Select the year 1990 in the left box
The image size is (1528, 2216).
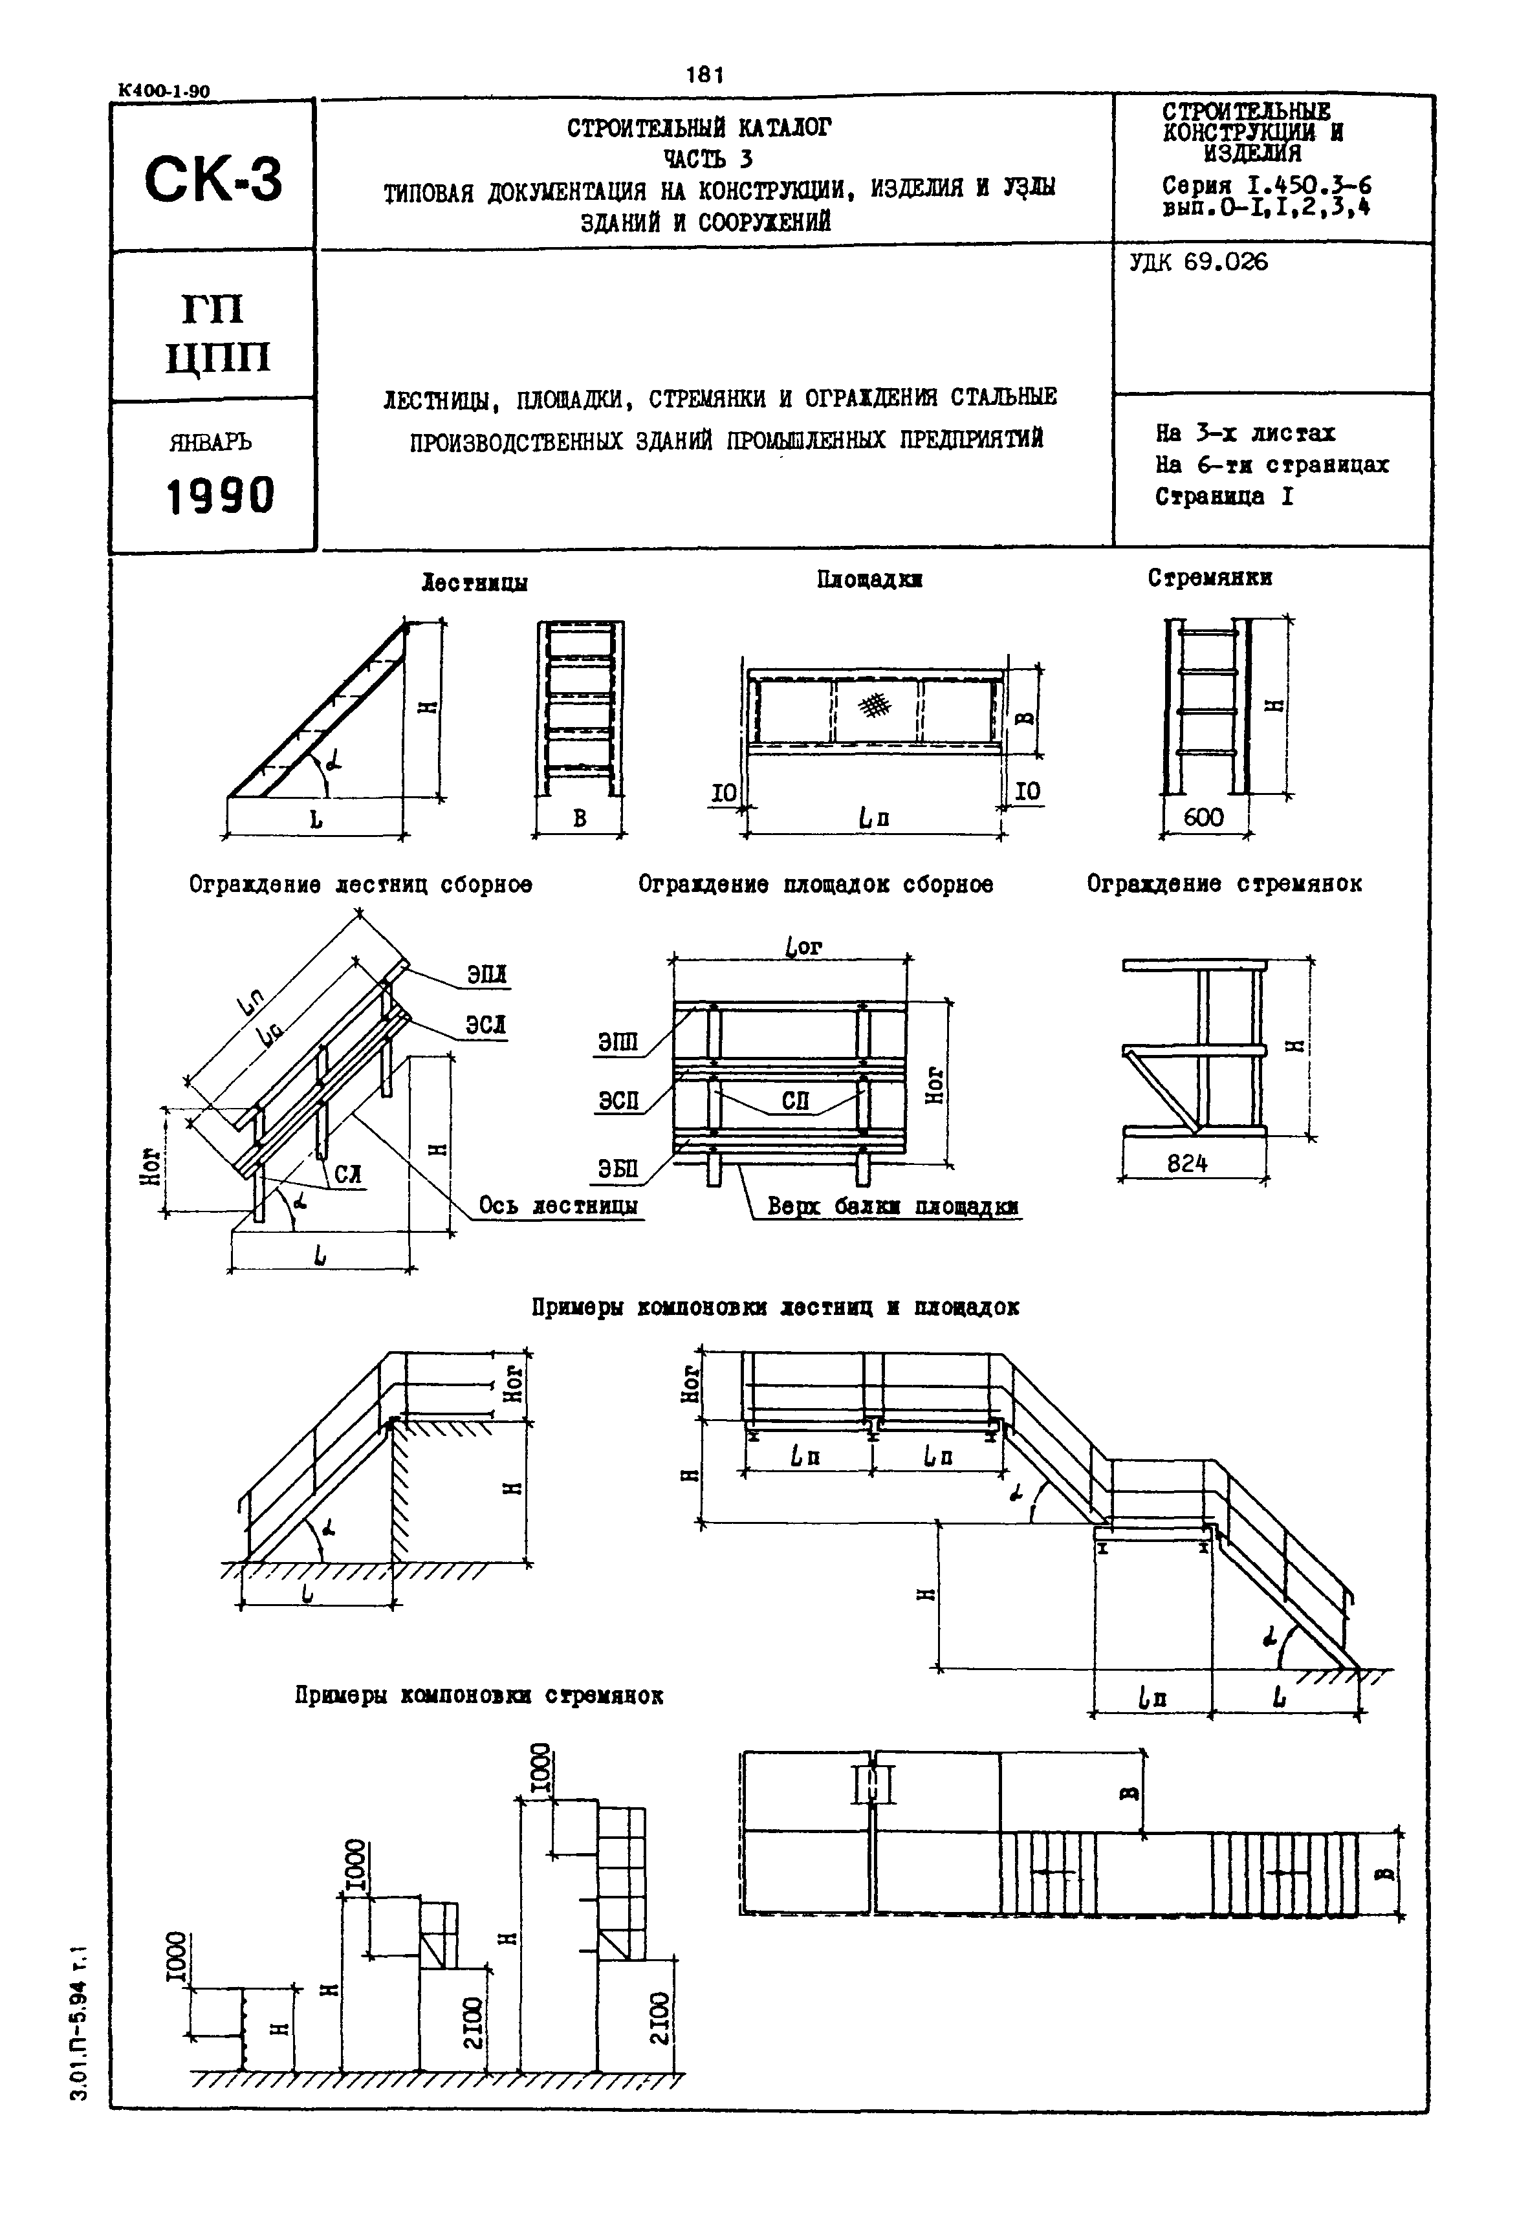220,496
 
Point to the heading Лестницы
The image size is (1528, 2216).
475,583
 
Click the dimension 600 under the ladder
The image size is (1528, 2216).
1203,816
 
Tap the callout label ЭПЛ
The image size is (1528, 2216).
486,975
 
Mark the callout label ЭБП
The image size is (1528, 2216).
618,1169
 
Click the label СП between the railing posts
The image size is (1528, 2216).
794,1101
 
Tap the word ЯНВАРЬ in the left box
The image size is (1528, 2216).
210,442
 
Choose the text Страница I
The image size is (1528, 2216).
1223,497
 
